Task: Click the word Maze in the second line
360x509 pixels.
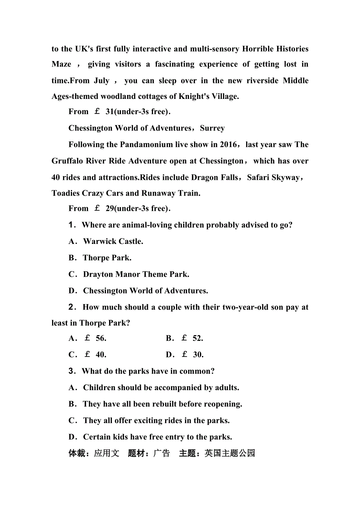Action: (x=61, y=64)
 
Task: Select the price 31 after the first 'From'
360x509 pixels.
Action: (x=110, y=112)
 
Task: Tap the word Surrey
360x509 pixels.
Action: (x=212, y=128)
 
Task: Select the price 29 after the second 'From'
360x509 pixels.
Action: (x=110, y=208)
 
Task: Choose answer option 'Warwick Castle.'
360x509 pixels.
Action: (x=113, y=242)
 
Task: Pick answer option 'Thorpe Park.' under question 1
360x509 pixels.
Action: (x=107, y=258)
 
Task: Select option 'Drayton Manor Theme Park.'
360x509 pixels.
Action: (x=136, y=274)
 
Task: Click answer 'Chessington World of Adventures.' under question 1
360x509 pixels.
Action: (x=146, y=291)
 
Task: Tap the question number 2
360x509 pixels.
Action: (x=72, y=307)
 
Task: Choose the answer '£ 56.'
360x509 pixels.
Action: (x=95, y=339)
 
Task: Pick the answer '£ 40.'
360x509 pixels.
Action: (x=95, y=355)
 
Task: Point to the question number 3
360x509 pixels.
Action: (x=72, y=371)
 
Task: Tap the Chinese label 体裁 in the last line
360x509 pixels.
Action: (x=77, y=453)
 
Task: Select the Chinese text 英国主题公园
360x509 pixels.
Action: (x=230, y=453)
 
